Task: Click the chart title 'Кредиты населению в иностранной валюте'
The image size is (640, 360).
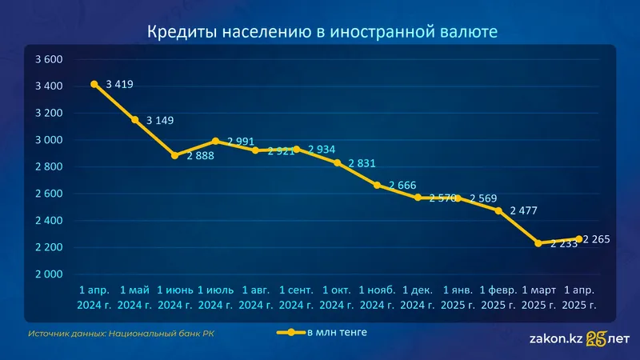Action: pyautogui.click(x=322, y=31)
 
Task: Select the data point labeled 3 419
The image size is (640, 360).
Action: pyautogui.click(x=94, y=84)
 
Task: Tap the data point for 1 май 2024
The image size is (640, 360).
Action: pyautogui.click(x=135, y=120)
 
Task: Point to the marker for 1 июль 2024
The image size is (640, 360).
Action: pyautogui.click(x=216, y=142)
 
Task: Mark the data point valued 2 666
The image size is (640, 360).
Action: pyautogui.click(x=378, y=185)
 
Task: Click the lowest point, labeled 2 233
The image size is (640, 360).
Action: pyautogui.click(x=539, y=243)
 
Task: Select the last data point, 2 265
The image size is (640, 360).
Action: pyautogui.click(x=579, y=238)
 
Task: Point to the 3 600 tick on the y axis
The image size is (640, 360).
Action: pyautogui.click(x=49, y=59)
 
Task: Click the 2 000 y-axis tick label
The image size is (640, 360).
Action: pyautogui.click(x=49, y=274)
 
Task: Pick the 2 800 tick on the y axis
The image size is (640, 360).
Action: pyautogui.click(x=49, y=166)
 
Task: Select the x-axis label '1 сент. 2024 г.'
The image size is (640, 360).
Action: pyautogui.click(x=297, y=297)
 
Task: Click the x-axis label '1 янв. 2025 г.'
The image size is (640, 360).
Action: pyautogui.click(x=458, y=297)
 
